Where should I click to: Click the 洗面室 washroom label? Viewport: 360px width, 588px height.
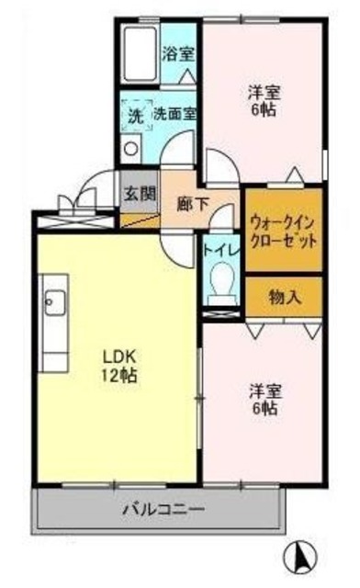coord(174,115)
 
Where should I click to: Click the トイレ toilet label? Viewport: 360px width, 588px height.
coord(219,248)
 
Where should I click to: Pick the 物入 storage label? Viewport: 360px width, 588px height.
coord(283,296)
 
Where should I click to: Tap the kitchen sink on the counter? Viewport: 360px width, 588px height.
coord(52,303)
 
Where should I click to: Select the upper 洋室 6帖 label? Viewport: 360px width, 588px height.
coord(264,100)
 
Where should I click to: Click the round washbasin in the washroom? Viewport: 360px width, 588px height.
coord(130,148)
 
